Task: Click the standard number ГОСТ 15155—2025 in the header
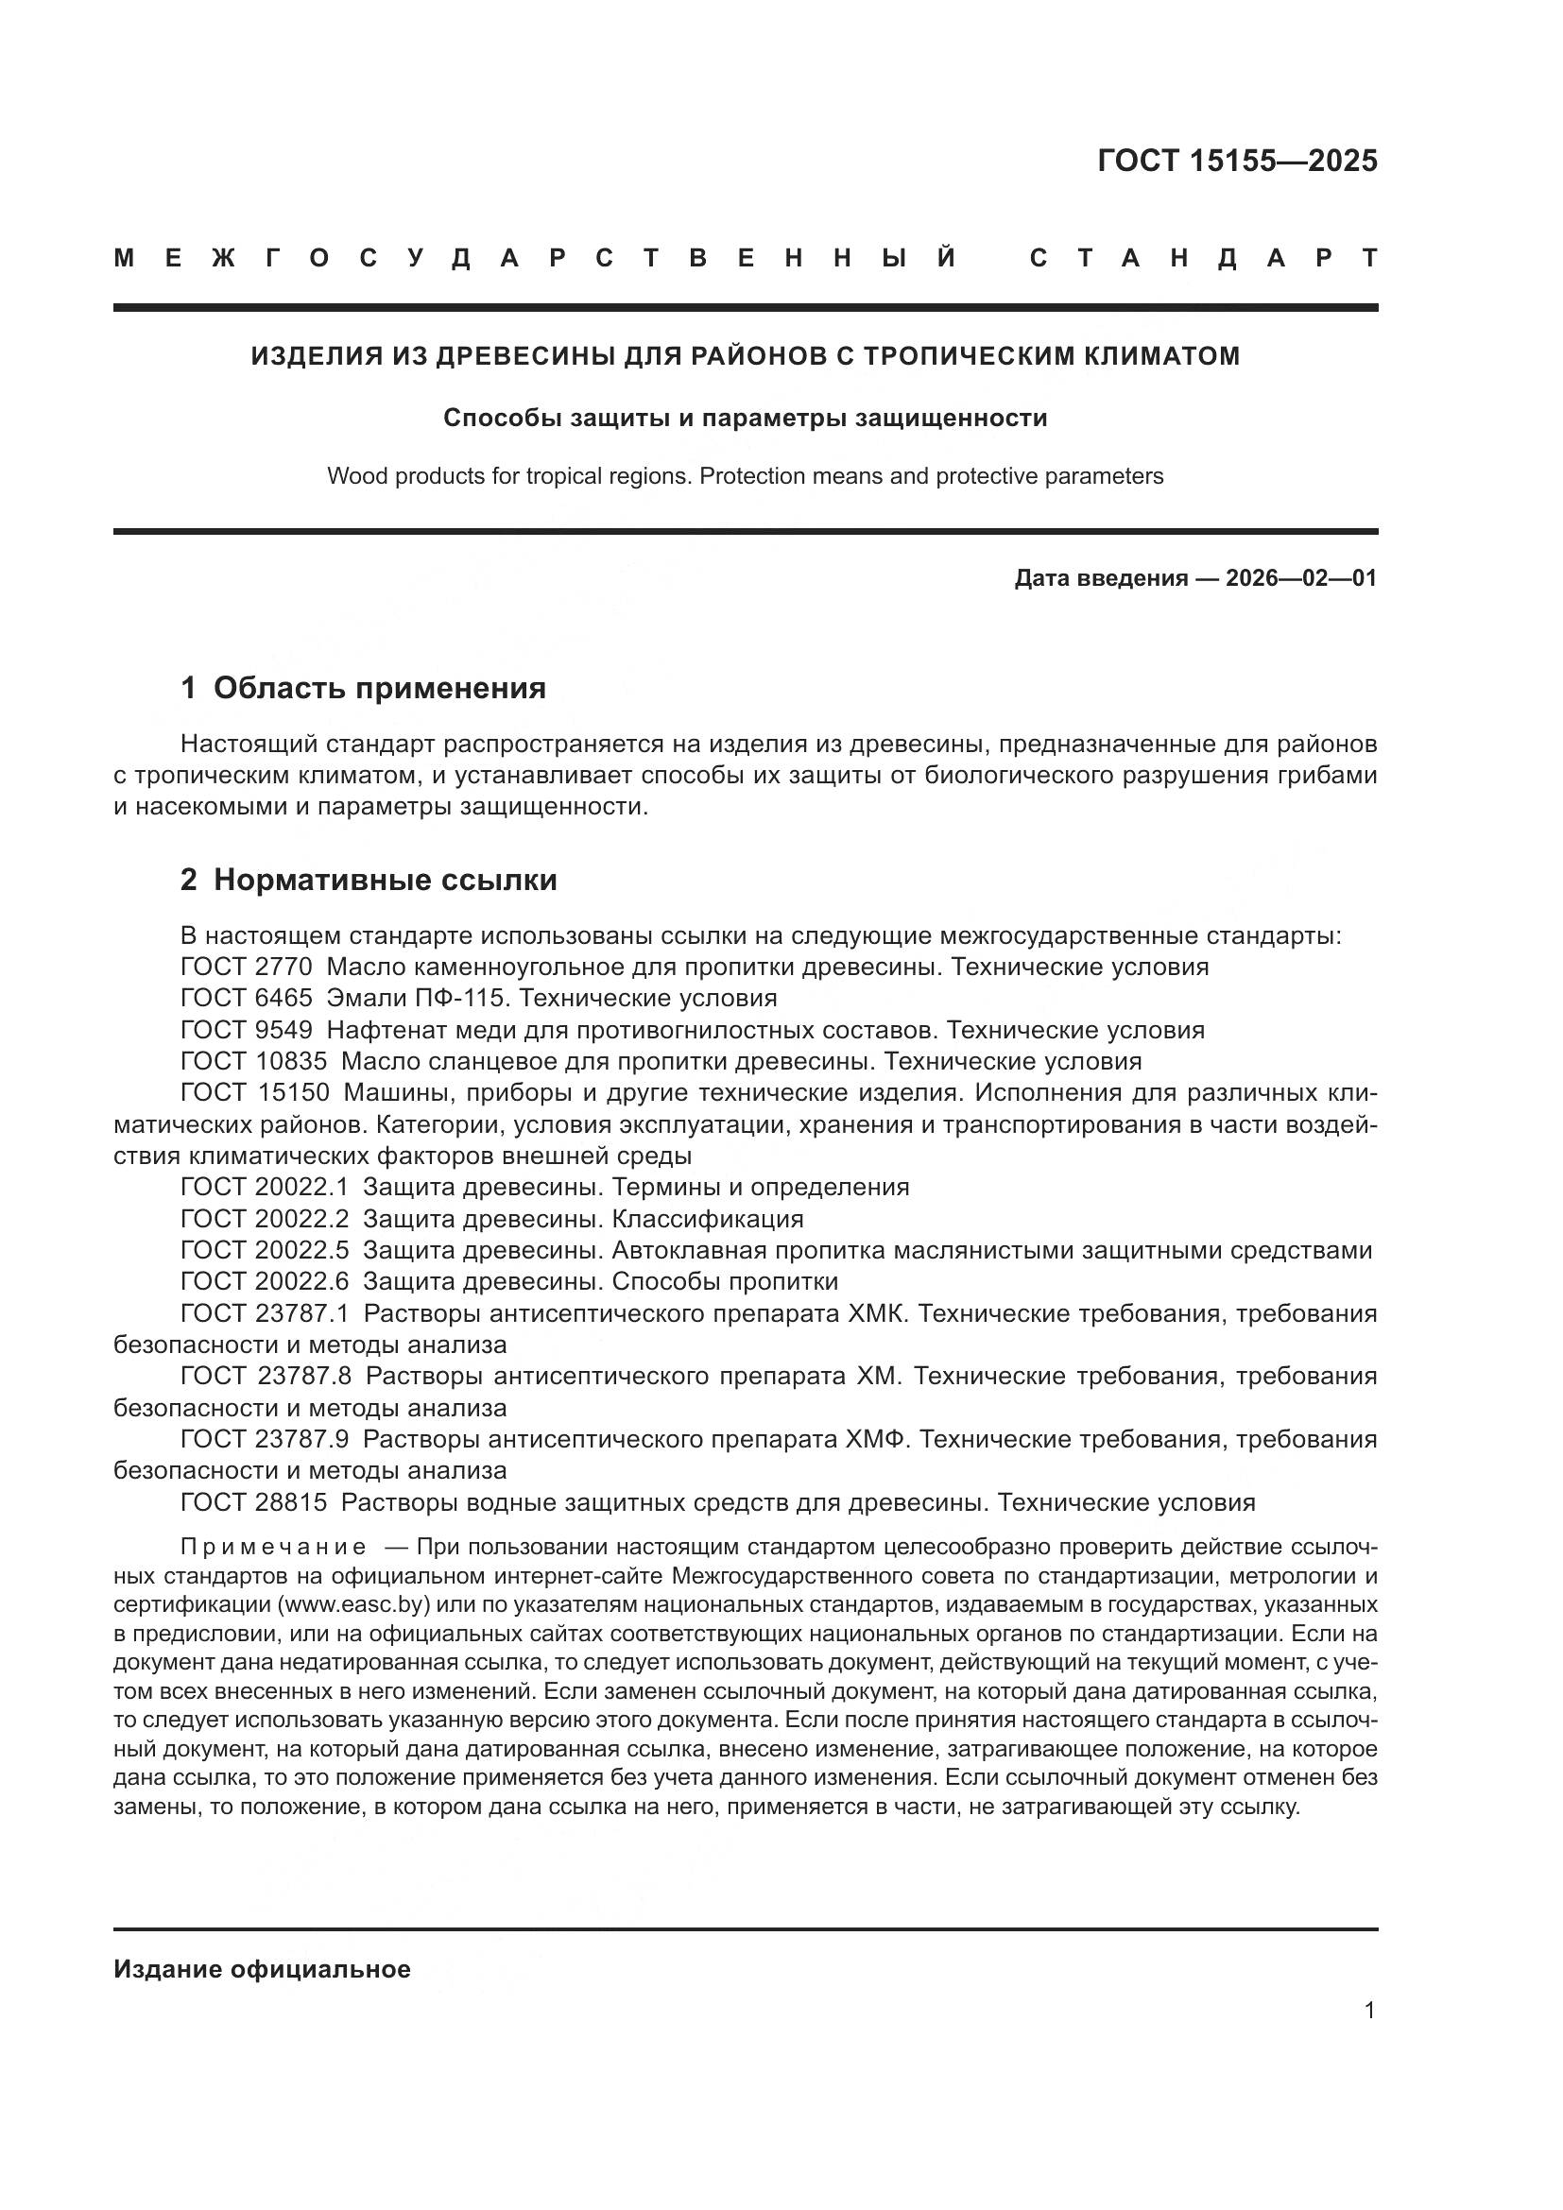(1237, 161)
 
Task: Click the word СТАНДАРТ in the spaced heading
(1203, 258)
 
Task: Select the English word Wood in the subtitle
(352, 475)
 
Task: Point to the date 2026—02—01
(1301, 578)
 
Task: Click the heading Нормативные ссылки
(385, 879)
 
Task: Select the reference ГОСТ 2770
(247, 967)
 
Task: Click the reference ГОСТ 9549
(247, 1030)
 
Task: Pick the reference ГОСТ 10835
(253, 1062)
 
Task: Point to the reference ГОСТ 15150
(255, 1093)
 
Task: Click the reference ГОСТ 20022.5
(265, 1251)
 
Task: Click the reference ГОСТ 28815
(253, 1502)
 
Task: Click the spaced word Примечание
(273, 1547)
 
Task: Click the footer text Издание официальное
(262, 1969)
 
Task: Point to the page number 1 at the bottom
(1369, 2010)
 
